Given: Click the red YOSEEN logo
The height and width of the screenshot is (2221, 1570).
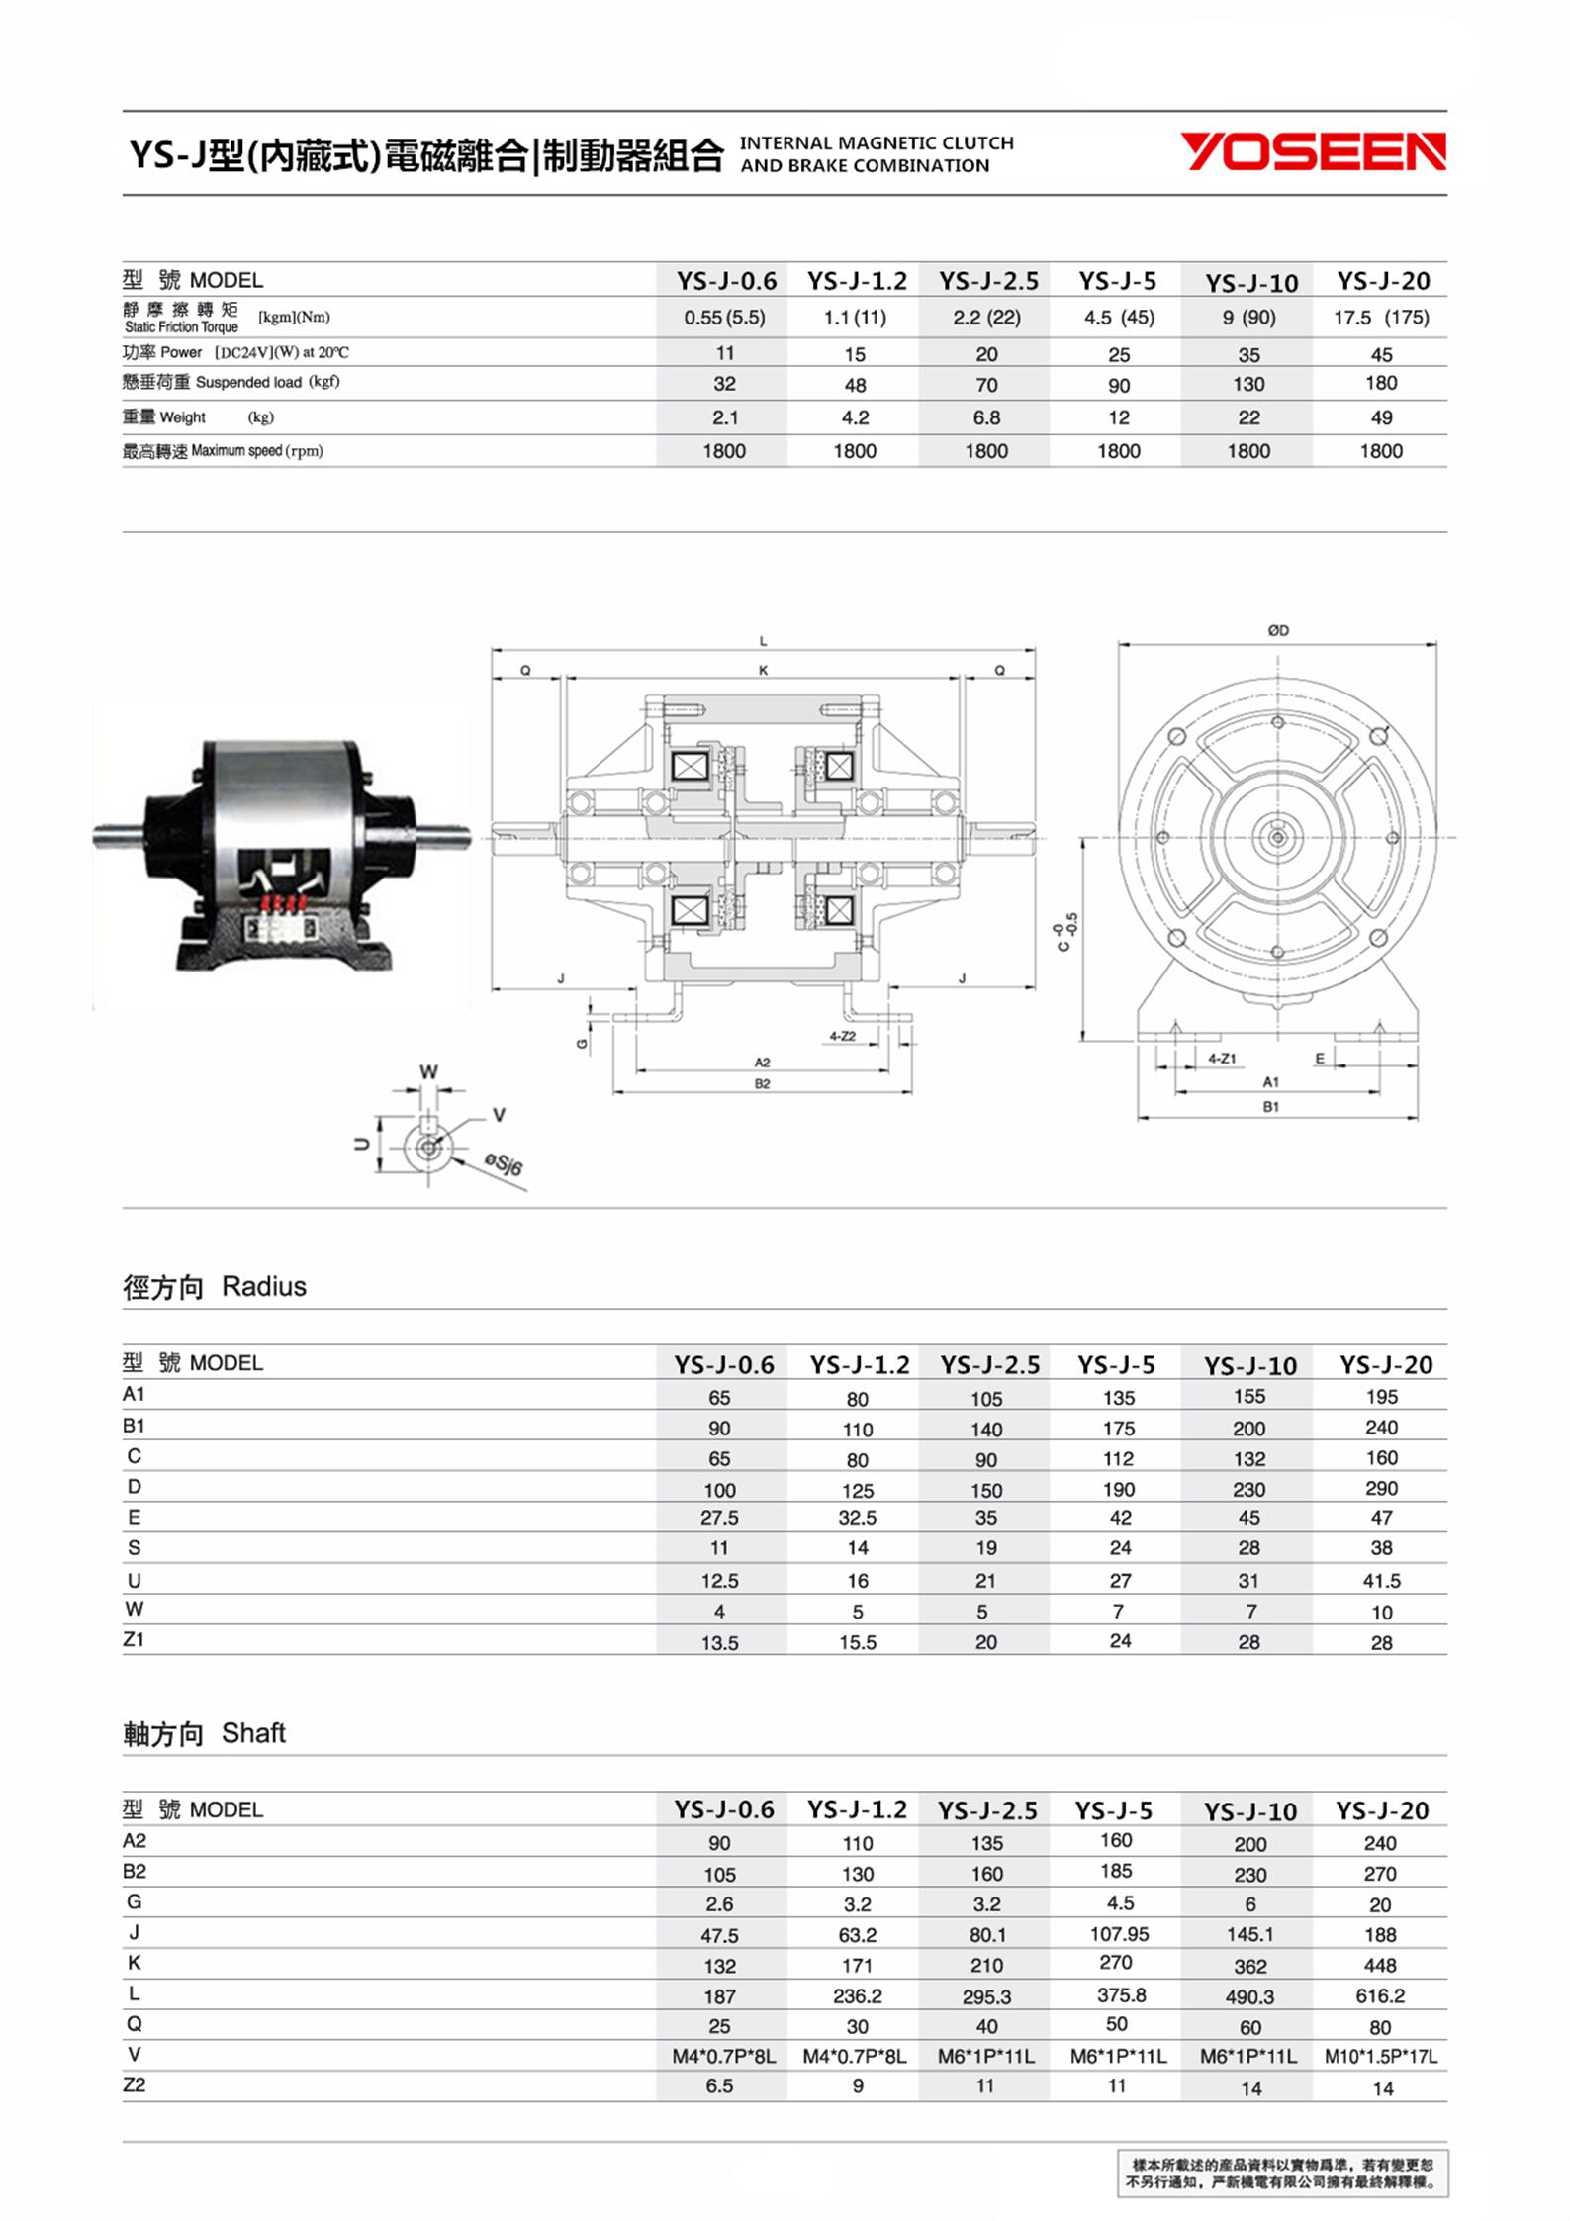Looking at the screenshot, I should (x=1313, y=152).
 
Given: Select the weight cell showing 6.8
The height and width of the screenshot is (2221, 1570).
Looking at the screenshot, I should (x=986, y=417).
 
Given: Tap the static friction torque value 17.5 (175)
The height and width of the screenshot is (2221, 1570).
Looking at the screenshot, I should (x=1380, y=318).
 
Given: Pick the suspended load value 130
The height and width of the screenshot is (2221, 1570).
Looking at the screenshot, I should (x=1248, y=384).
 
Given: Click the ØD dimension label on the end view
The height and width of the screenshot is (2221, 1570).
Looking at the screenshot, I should (x=1278, y=630).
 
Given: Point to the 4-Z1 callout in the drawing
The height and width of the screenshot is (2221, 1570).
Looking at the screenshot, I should (x=1222, y=1058).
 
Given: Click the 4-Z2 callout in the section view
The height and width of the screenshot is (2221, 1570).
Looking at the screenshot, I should (x=842, y=1036).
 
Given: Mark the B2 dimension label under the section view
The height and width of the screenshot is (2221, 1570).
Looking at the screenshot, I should (x=762, y=1084).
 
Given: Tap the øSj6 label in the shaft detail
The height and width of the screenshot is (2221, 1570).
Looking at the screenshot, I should (x=504, y=1163).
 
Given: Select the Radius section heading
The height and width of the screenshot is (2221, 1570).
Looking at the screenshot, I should (x=215, y=1287).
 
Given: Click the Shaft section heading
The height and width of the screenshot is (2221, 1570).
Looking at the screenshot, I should (x=204, y=1733).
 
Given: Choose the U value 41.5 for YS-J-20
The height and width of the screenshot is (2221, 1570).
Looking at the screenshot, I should (x=1381, y=1581).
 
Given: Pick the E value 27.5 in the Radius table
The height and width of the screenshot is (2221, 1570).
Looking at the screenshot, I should (x=719, y=1518).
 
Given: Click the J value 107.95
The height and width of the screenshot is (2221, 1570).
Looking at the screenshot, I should (x=1119, y=1933).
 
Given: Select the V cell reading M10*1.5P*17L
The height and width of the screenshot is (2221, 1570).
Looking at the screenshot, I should (x=1381, y=2057).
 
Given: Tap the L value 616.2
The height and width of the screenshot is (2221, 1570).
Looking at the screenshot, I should (x=1380, y=1995).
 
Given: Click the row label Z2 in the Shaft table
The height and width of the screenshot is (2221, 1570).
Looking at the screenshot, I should (x=135, y=2084).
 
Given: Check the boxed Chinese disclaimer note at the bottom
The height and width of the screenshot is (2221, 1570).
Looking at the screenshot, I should (x=1282, y=2174).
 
